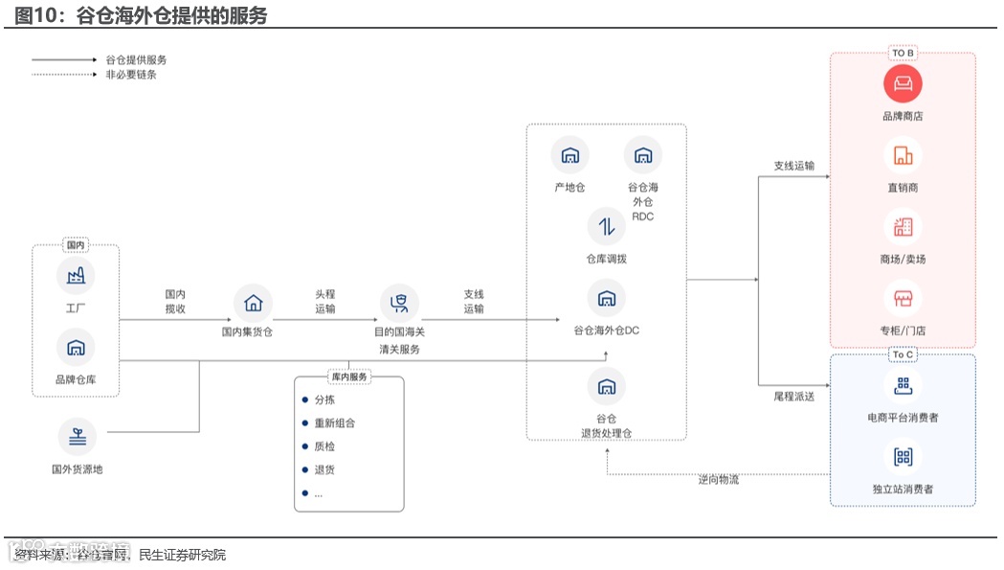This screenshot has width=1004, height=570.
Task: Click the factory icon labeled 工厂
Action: click(76, 276)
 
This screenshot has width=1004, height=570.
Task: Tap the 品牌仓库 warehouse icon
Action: click(76, 347)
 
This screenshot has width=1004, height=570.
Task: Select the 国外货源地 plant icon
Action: click(77, 437)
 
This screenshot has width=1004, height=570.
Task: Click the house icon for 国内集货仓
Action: click(253, 303)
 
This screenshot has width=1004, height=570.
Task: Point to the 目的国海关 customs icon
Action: click(399, 303)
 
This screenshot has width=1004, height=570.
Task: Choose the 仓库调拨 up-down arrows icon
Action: click(606, 227)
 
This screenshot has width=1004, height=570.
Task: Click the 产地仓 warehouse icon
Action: click(569, 155)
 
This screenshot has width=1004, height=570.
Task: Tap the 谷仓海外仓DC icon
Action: click(606, 298)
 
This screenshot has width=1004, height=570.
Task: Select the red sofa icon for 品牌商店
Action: click(903, 84)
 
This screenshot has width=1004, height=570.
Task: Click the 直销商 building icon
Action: click(903, 155)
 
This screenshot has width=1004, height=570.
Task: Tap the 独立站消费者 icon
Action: click(903, 457)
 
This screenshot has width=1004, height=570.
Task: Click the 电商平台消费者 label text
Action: click(903, 418)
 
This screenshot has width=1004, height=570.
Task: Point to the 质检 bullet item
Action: click(324, 446)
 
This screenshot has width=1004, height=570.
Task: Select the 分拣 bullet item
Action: click(324, 399)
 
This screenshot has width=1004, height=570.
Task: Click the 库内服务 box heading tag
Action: click(348, 376)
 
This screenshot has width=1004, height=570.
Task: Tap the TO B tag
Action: click(903, 54)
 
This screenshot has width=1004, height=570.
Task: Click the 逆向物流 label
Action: click(718, 479)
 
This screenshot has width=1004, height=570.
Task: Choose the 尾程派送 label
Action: click(793, 396)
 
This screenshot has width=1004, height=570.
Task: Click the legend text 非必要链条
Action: click(131, 74)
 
